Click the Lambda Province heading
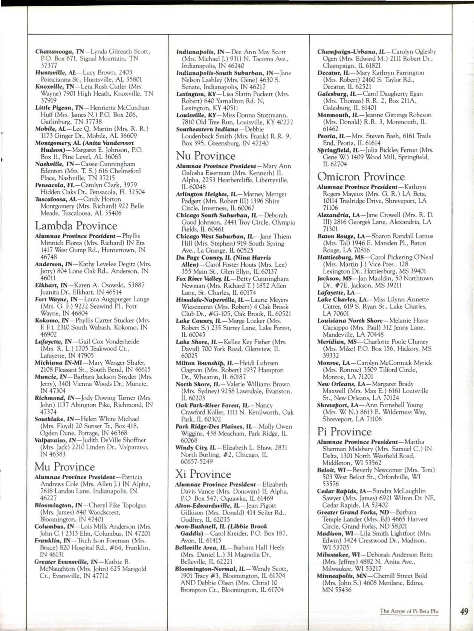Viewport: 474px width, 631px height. point(76,226)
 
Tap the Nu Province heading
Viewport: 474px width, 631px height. point(206,156)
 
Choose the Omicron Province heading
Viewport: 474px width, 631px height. point(361,176)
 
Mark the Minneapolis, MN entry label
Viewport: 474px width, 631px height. point(341,576)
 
